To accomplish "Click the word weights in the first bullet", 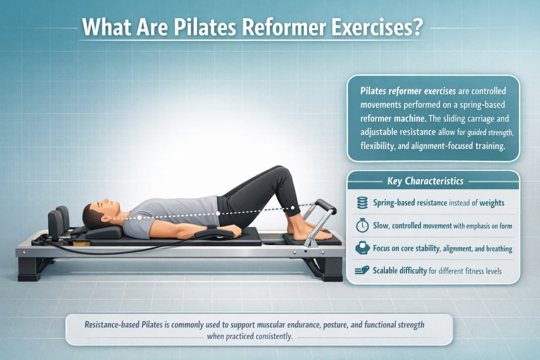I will [491, 203].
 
